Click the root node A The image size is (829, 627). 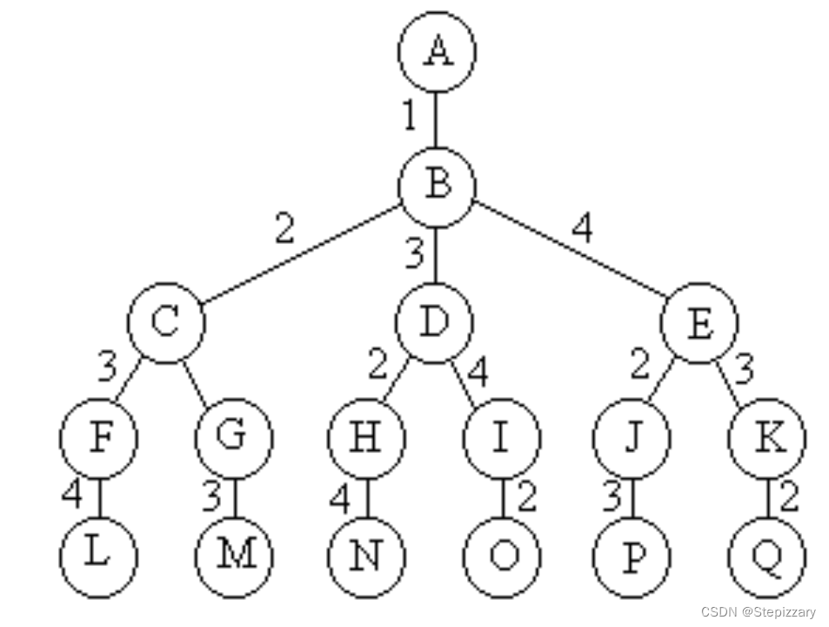click(x=437, y=51)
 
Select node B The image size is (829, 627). click(x=437, y=185)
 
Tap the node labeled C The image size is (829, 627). click(x=166, y=321)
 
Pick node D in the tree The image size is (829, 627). click(x=434, y=321)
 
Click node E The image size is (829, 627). click(x=699, y=323)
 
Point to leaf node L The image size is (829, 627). click(x=98, y=556)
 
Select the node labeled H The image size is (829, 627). click(x=366, y=437)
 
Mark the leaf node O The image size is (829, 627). click(x=501, y=556)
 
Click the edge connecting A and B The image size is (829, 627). click(x=436, y=118)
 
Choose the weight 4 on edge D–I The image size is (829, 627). click(x=478, y=372)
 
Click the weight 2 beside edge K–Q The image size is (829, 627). click(x=788, y=497)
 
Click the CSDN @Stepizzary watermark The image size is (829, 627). click(x=758, y=612)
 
